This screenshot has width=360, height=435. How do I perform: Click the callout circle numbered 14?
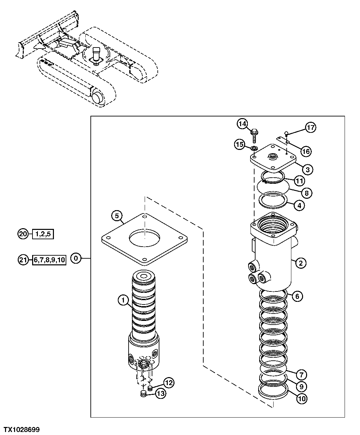tap(242, 124)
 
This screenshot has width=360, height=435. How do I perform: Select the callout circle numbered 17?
tap(310, 127)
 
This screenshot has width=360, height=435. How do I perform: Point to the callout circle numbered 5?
tap(117, 216)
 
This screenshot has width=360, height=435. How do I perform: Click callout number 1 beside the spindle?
tap(123, 301)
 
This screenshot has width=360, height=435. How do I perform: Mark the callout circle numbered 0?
tap(76, 258)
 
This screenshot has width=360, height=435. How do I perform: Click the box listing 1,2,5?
tap(43, 234)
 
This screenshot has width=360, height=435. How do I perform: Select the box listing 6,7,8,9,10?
tap(49, 260)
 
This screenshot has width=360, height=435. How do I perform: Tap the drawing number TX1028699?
tap(21, 429)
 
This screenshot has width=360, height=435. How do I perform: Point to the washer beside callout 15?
tap(255, 148)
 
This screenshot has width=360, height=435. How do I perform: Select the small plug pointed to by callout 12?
tap(150, 388)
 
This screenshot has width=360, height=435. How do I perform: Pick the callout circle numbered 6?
tap(297, 296)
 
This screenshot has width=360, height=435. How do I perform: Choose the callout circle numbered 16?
tap(305, 151)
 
